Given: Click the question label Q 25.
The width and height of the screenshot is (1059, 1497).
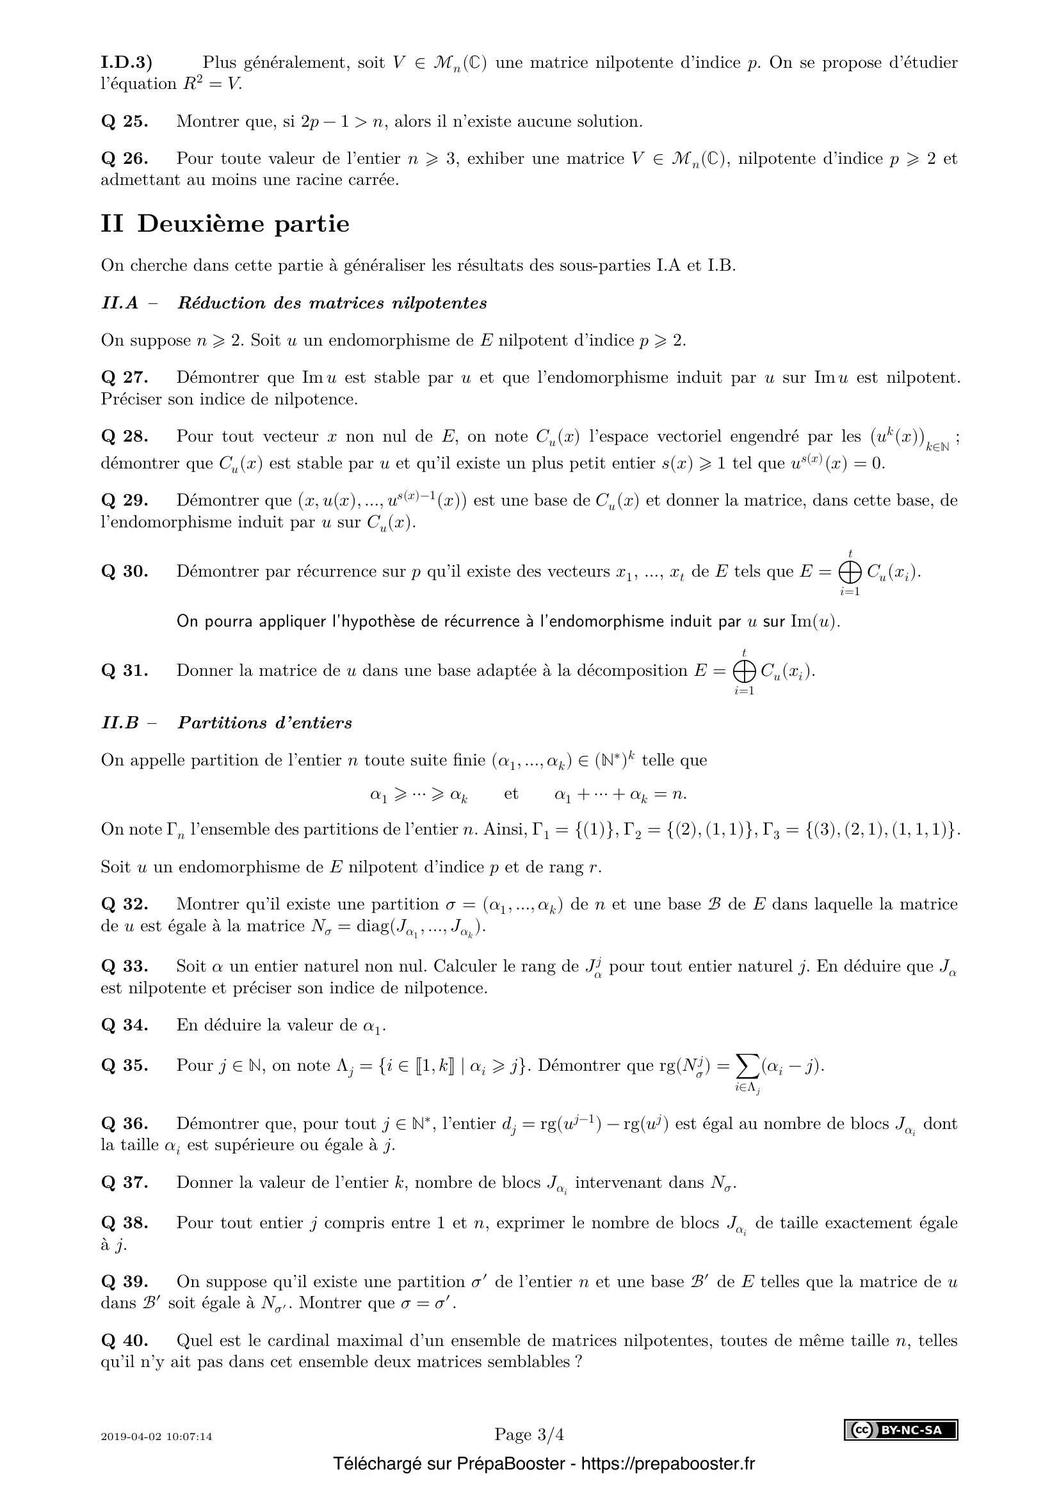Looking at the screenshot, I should (124, 121).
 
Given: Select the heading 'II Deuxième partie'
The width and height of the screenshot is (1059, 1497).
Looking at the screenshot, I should (225, 223).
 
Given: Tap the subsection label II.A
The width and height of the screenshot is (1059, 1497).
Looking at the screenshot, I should (120, 303).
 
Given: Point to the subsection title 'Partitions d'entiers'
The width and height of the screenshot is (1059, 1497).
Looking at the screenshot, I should (265, 723).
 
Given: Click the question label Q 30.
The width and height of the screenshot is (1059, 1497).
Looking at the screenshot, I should (124, 572).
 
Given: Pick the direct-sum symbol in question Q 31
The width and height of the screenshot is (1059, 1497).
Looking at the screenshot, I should (743, 670).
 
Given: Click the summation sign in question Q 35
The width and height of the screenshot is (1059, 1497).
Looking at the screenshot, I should (743, 1066).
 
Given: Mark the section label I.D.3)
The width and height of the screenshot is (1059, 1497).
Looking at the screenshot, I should (127, 63).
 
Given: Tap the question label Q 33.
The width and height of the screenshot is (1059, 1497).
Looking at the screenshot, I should (124, 966).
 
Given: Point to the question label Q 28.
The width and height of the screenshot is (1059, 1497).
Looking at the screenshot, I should (124, 436).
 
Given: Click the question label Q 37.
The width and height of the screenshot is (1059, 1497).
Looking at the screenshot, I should (124, 1183).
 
